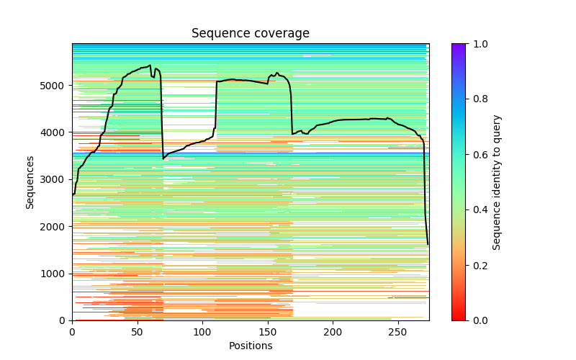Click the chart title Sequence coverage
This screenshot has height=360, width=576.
(250, 34)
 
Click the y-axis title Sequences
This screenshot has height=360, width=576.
(30, 182)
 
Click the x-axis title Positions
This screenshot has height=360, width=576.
(250, 346)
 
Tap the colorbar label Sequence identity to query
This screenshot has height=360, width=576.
(497, 182)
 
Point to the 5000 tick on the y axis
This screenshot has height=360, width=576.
(56, 86)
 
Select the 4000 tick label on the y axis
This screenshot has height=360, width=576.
(56, 132)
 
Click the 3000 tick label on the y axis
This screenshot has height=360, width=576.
(56, 179)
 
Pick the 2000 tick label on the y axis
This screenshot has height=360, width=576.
(56, 227)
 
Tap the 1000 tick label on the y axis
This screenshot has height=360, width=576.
(56, 274)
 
